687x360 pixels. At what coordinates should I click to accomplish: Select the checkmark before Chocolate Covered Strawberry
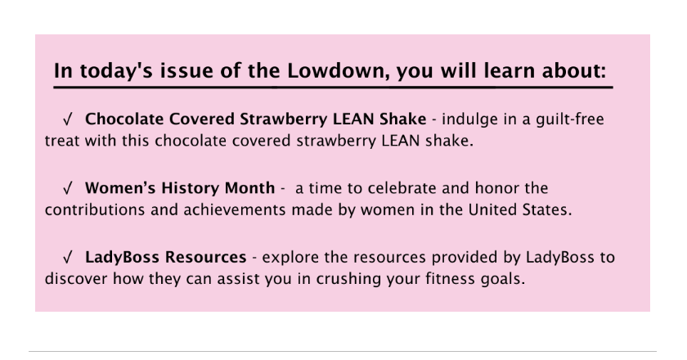click(67, 119)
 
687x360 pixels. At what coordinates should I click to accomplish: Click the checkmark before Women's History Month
click(67, 187)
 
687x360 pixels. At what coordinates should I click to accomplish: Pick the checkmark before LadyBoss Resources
click(67, 257)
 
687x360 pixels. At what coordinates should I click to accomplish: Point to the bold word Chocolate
click(124, 119)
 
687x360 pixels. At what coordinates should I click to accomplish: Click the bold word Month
click(249, 187)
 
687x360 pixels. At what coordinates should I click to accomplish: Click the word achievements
click(234, 209)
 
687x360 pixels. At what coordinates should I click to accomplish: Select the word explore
click(290, 258)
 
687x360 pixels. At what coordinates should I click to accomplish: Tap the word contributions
click(95, 209)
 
